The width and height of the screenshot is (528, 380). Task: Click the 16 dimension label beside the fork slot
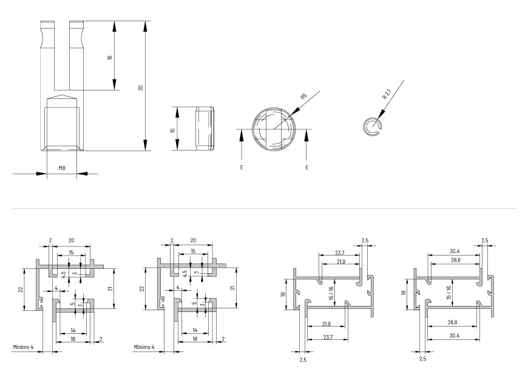click(109, 58)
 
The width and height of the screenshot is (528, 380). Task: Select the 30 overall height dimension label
click(141, 87)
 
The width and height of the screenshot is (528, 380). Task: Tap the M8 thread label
click(62, 168)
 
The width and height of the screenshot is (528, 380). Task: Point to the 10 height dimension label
click(173, 130)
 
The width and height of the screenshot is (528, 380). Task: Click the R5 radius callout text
click(303, 97)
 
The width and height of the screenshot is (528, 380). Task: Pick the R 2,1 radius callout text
click(386, 94)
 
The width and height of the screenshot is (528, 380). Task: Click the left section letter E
click(242, 167)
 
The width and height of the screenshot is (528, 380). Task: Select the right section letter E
click(306, 167)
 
